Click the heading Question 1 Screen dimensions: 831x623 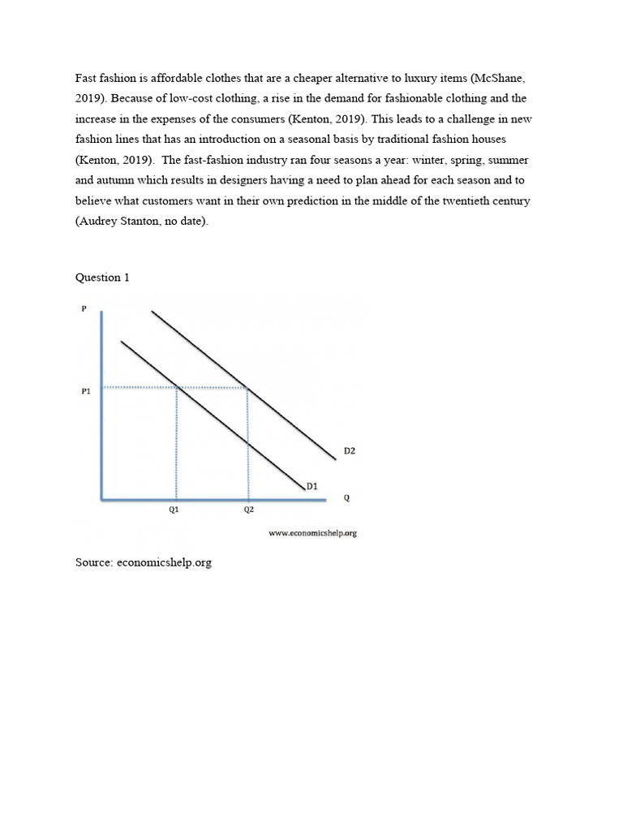pos(102,278)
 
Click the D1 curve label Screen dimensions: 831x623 pos(311,487)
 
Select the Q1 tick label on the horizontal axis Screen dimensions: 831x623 pos(174,510)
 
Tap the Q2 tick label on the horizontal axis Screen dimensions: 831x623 pos(248,510)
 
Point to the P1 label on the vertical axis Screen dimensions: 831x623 pos(86,391)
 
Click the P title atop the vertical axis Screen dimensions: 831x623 pos(84,308)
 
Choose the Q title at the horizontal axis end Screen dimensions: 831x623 pos(347,498)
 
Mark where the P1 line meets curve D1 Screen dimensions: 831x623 pos(177,387)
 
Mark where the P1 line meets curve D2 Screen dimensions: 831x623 pos(247,387)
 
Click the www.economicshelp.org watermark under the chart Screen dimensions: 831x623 pos(312,533)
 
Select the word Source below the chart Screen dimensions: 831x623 pos(93,562)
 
